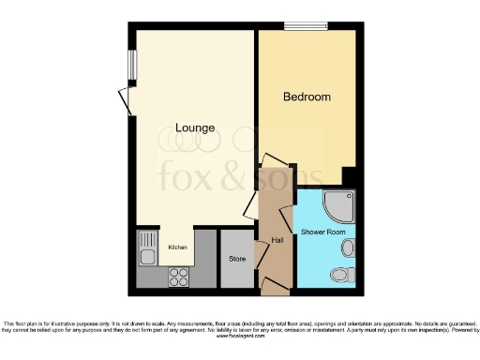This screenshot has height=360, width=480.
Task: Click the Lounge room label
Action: point(195,127)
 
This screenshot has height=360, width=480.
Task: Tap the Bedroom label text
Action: point(307,97)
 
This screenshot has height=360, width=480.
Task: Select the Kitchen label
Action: point(177,247)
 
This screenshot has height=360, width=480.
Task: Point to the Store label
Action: point(237,259)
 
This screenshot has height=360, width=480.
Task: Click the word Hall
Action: point(277,241)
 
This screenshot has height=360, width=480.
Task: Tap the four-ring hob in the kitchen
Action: point(177,277)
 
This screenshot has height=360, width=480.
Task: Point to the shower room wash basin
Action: point(349,247)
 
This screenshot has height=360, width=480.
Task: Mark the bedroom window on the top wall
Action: point(306,26)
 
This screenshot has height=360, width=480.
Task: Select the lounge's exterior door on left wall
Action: point(125,99)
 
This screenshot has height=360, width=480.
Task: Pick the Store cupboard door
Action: point(261,254)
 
